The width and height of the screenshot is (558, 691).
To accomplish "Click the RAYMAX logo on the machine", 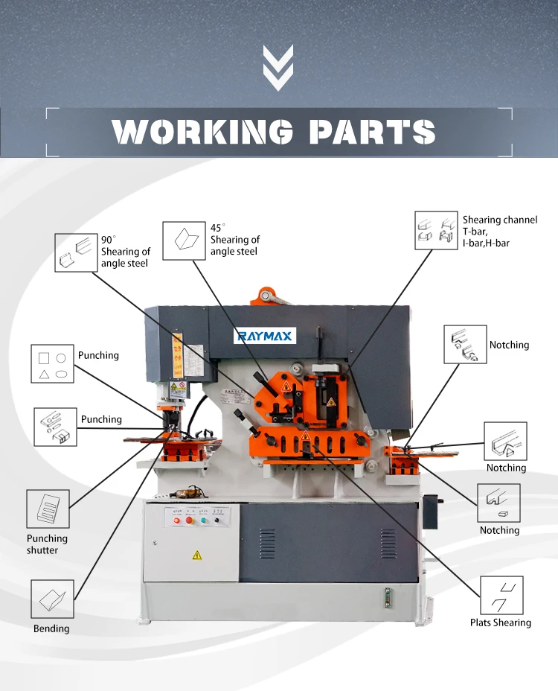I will pyautogui.click(x=266, y=337).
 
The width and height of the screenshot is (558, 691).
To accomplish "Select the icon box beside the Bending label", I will pyautogui.click(x=52, y=598).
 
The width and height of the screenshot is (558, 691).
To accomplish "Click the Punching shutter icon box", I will pyautogui.click(x=48, y=509).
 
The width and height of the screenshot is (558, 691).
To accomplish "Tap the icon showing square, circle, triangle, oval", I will pyautogui.click(x=52, y=363).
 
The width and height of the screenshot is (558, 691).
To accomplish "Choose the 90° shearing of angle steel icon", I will pyautogui.click(x=74, y=252).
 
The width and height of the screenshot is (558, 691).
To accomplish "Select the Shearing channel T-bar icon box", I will pyautogui.click(x=434, y=229).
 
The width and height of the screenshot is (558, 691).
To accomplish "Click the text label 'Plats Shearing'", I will pyautogui.click(x=501, y=622).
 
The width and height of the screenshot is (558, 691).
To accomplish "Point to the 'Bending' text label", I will pyautogui.click(x=51, y=628).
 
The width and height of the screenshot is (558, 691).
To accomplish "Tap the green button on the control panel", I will pyautogui.click(x=202, y=520).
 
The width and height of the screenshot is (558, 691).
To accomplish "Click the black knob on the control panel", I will pyautogui.click(x=217, y=520).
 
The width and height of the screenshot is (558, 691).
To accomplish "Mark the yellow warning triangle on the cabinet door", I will pyautogui.click(x=196, y=555).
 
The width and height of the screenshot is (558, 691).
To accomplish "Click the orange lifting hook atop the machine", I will pyautogui.click(x=268, y=296).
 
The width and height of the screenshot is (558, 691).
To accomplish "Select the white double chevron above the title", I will pyautogui.click(x=278, y=68).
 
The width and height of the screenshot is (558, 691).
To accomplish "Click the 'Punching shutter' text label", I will pyautogui.click(x=47, y=544).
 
